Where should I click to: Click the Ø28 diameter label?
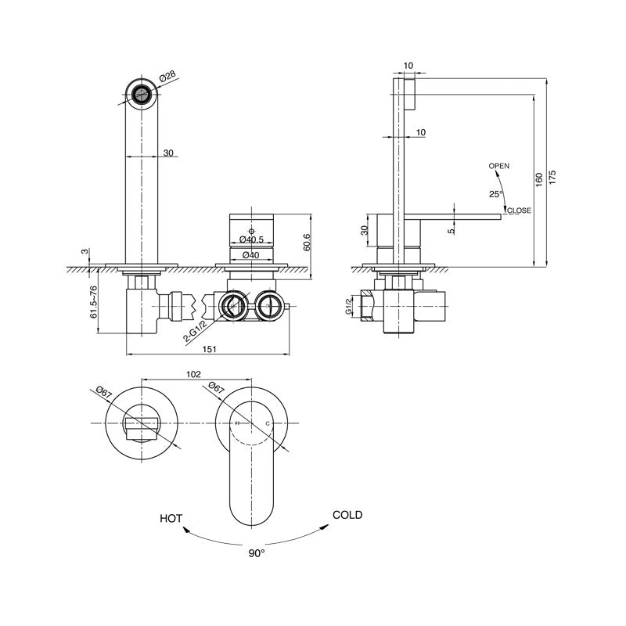click(x=167, y=77)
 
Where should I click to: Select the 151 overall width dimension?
click(x=209, y=349)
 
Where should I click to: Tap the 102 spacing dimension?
click(x=193, y=374)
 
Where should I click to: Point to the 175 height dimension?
click(x=552, y=178)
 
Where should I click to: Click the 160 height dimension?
click(x=539, y=180)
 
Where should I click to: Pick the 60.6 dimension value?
click(x=307, y=243)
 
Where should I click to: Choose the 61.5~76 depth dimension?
click(x=94, y=302)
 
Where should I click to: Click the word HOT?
click(x=171, y=519)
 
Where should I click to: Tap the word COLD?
click(x=347, y=515)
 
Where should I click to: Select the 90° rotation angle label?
click(x=257, y=553)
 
